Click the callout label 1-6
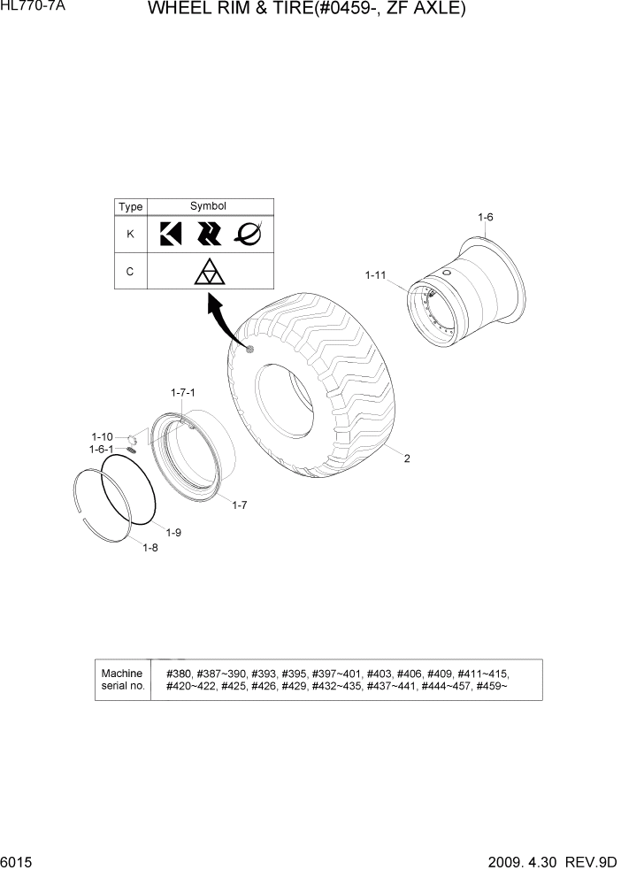tap(485, 218)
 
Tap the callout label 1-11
tap(375, 276)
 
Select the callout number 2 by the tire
tap(407, 458)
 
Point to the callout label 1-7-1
tap(182, 391)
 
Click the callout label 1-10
tap(102, 436)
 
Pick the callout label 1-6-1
tap(101, 449)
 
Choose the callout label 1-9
tap(173, 532)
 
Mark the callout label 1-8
tap(150, 547)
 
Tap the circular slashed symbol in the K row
tap(249, 234)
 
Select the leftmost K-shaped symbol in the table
tap(170, 234)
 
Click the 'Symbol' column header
tap(209, 206)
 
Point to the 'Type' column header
tap(130, 207)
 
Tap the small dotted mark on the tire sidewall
tap(250, 350)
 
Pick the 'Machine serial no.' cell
tap(122, 680)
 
